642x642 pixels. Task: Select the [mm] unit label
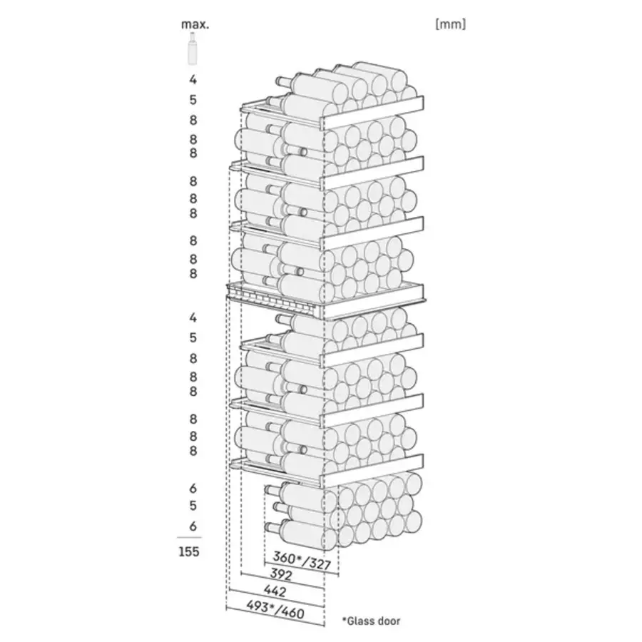point(450,24)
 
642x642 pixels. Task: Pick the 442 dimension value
point(275,591)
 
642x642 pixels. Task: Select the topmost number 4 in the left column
point(193,80)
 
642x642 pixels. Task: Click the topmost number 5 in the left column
point(193,100)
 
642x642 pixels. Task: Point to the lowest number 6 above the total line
point(193,526)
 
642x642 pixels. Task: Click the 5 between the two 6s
point(193,506)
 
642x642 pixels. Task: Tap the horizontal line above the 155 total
point(190,537)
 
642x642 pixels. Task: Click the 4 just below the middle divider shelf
point(193,317)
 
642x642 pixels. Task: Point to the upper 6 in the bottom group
point(193,489)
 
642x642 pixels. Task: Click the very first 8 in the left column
point(193,120)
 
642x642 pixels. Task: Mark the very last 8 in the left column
point(193,451)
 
